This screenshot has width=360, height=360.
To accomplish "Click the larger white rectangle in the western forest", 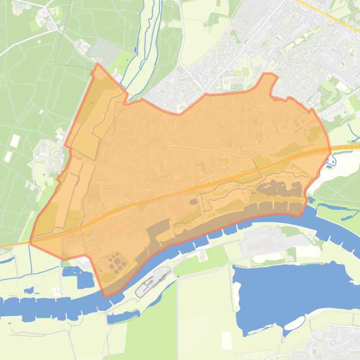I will [x=15, y=140].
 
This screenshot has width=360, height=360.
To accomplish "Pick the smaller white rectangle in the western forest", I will [x=8, y=156].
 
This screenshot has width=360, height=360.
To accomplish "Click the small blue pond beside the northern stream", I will [x=135, y=49].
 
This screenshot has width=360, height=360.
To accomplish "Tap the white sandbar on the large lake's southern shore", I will [x=294, y=323].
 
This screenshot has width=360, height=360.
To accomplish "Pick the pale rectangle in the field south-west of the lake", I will [x=227, y=341].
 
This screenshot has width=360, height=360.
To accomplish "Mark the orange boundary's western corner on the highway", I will [x=31, y=242].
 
